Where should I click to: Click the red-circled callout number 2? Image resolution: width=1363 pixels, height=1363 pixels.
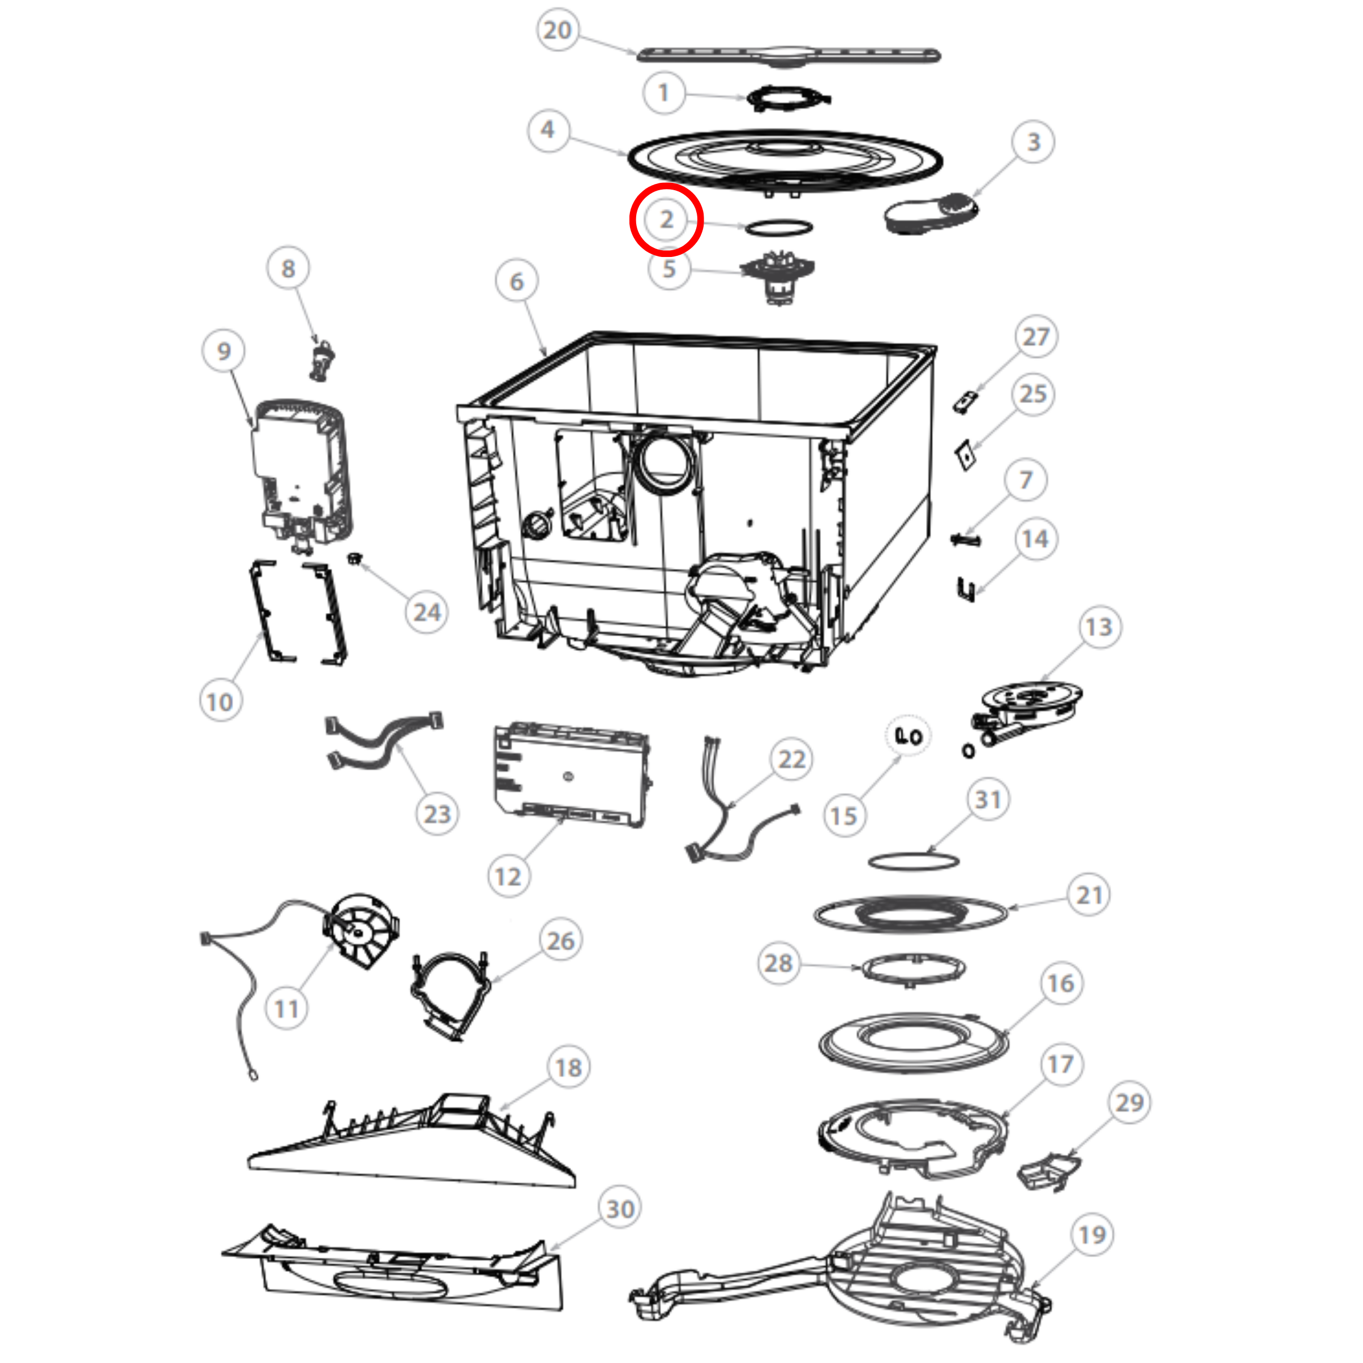[666, 220]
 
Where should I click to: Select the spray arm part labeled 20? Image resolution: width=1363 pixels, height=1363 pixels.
[788, 55]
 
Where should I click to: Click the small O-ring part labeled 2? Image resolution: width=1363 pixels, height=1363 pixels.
[779, 227]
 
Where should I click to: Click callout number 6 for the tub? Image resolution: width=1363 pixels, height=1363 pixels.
[517, 281]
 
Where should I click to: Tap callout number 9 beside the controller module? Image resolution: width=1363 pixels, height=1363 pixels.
[224, 350]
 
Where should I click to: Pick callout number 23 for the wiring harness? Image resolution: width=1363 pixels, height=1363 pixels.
[437, 814]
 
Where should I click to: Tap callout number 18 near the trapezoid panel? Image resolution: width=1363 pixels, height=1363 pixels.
[569, 1068]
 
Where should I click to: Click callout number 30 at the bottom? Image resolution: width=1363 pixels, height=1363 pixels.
[620, 1208]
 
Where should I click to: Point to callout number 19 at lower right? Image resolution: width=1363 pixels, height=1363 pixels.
[1092, 1235]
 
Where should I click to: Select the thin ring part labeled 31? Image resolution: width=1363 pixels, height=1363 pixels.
[913, 861]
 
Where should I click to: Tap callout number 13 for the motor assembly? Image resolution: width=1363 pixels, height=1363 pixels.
[1099, 627]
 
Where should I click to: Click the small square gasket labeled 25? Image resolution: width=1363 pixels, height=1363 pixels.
[965, 456]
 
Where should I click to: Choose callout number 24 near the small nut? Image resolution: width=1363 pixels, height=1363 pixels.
[427, 612]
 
